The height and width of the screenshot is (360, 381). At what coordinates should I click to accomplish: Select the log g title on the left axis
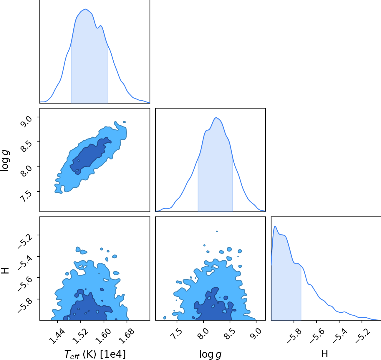click(5, 161)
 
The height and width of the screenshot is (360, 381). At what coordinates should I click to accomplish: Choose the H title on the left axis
click(5, 271)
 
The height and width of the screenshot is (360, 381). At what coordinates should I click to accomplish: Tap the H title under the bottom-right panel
click(324, 354)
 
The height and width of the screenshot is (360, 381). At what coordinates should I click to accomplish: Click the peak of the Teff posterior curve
click(85, 9)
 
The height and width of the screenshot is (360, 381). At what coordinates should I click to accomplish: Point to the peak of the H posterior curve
click(275, 226)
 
